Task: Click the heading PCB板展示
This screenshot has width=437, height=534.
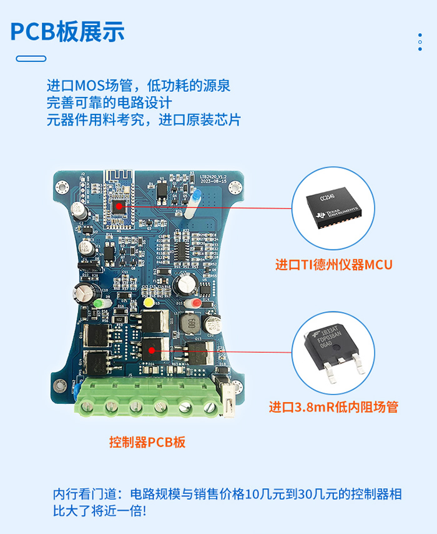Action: tap(67, 31)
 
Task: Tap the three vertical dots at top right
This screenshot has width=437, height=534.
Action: tap(420, 42)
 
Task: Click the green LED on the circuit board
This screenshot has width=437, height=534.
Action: tap(99, 305)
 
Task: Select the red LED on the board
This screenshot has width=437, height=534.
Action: tap(196, 303)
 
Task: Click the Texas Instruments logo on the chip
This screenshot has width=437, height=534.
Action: tap(322, 215)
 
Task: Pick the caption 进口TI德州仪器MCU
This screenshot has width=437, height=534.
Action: tap(334, 264)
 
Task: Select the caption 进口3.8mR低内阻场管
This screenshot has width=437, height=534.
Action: tap(333, 407)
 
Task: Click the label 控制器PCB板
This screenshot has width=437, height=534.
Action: tap(147, 443)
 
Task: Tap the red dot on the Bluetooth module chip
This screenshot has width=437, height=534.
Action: tap(119, 204)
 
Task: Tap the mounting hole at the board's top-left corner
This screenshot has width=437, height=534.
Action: tap(62, 186)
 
